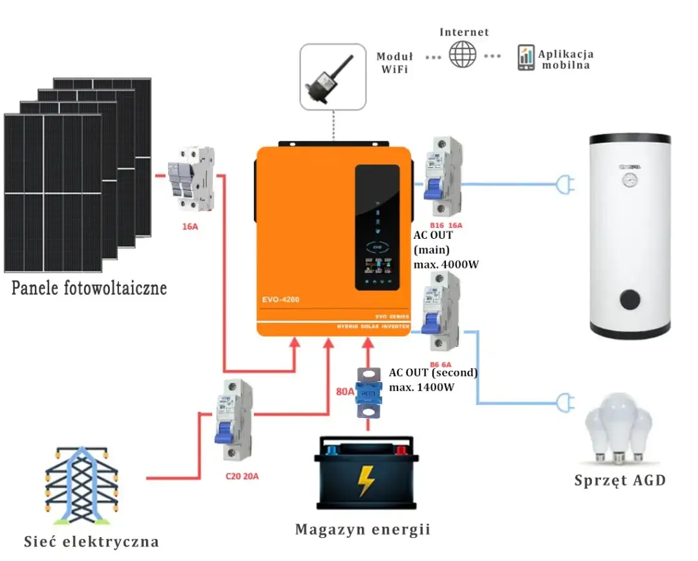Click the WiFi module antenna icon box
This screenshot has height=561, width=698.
click(333, 76)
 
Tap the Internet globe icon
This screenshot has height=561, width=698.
click(463, 54)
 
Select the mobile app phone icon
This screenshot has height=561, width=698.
click(525, 58)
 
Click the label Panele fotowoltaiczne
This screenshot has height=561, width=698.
click(89, 288)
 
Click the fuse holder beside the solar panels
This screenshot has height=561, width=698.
click(191, 178)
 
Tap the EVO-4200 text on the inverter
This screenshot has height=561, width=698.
click(280, 300)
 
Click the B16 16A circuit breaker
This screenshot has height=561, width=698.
click(443, 175)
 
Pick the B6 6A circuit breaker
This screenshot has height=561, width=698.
click(440, 311)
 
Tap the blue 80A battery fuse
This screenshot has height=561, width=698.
click(368, 393)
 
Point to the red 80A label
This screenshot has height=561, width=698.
click(345, 391)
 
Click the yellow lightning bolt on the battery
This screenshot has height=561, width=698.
click(366, 481)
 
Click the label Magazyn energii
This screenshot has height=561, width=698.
click(363, 530)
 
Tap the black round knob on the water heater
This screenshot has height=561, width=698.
click(631, 300)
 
